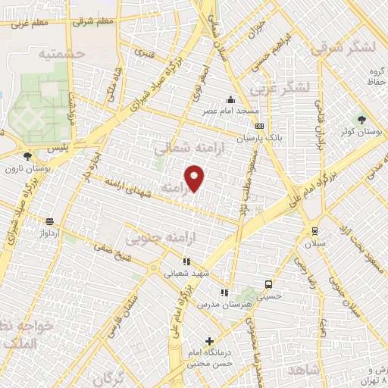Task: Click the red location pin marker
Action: [x=196, y=178]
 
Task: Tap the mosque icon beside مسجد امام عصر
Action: [x=230, y=99]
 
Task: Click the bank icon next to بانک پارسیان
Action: [x=259, y=127]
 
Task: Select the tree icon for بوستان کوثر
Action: [x=361, y=120]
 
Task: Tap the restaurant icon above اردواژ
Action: [x=50, y=221]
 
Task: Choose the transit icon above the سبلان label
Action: [x=314, y=231]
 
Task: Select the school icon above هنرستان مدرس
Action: [x=224, y=293]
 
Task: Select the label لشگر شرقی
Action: [x=347, y=47]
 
